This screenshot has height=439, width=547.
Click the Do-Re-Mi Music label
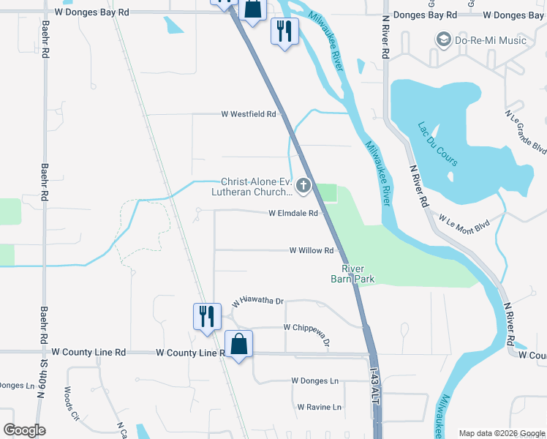[491, 40]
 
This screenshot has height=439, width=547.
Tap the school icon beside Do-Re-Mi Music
[442, 40]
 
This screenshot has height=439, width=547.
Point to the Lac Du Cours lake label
[438, 143]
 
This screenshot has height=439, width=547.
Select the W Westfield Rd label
[249, 114]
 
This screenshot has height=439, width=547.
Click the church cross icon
[303, 187]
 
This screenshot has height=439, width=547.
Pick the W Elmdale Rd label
[293, 214]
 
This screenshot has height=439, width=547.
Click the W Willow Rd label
[312, 250]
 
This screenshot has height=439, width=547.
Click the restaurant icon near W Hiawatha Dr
[207, 316]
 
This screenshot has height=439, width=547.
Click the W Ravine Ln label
[320, 407]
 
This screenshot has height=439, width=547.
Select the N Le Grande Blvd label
[526, 132]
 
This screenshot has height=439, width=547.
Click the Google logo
[24, 430]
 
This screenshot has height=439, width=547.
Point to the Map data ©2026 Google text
[501, 433]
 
